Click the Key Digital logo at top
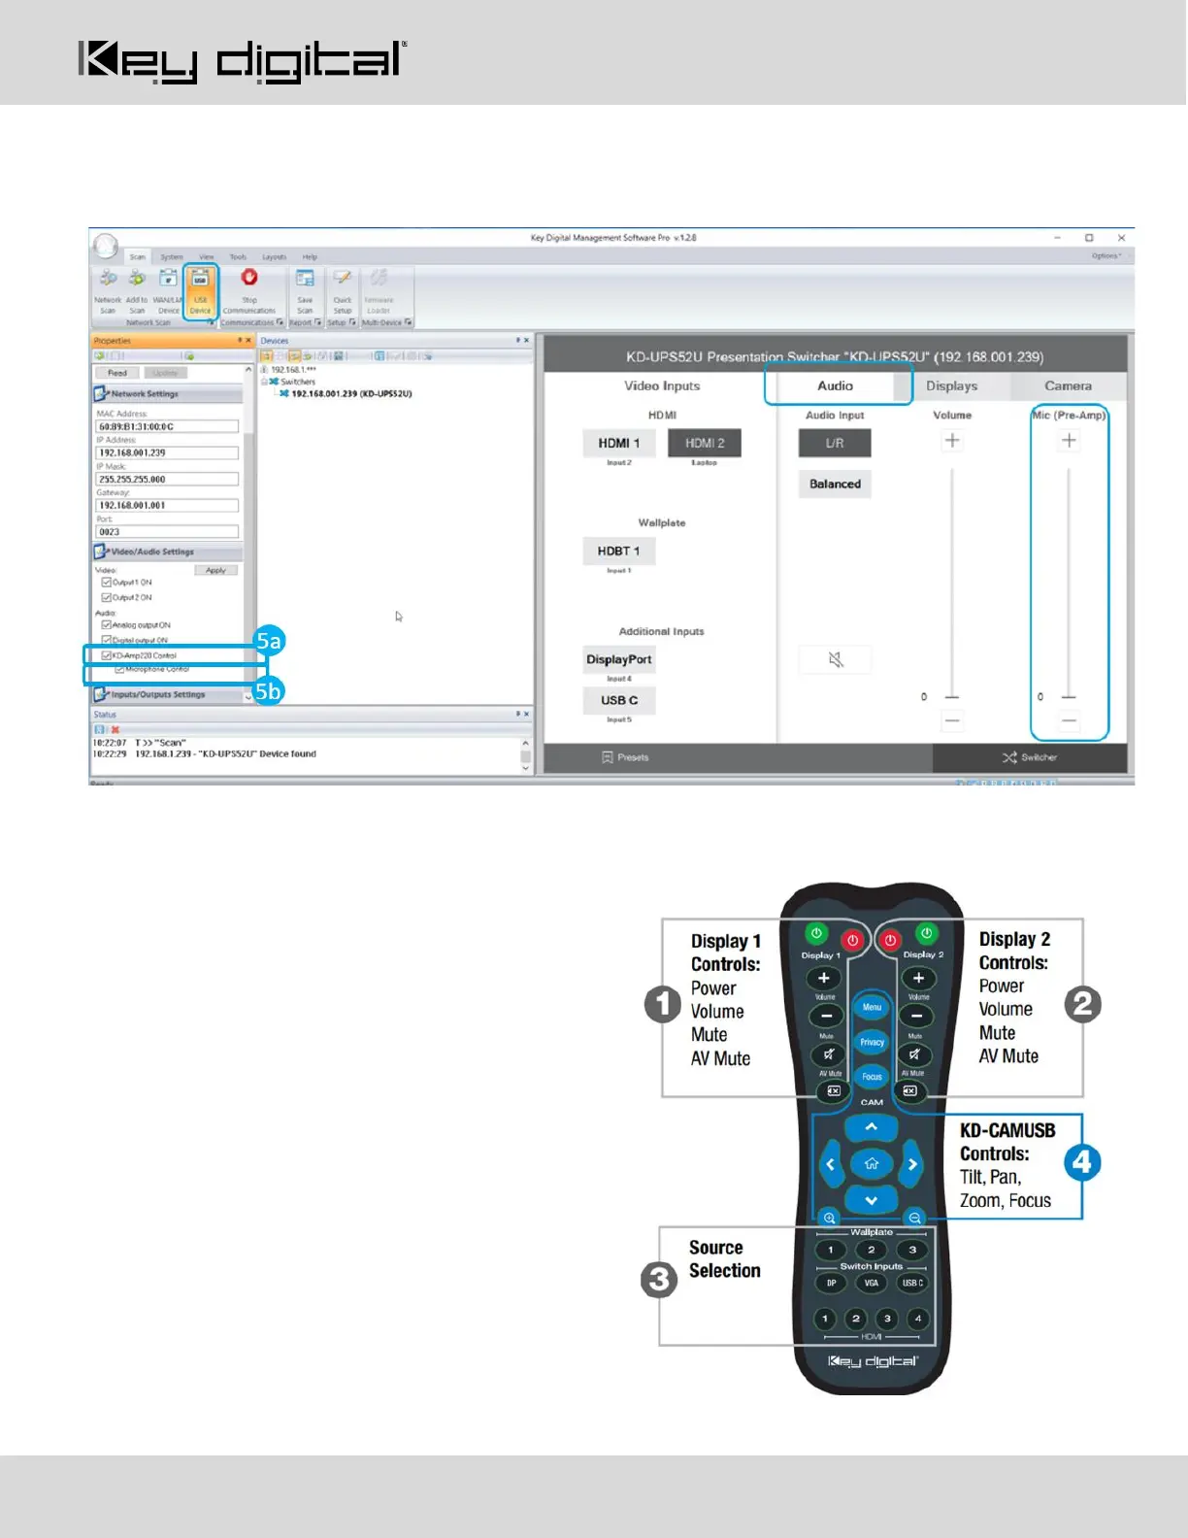tap(242, 61)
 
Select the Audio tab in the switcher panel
tap(835, 385)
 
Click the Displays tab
tap(951, 385)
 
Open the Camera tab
tap(1068, 385)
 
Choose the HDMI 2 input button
tap(705, 443)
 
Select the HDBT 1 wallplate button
tap(618, 551)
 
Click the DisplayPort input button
tap(618, 659)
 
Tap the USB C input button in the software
tap(618, 700)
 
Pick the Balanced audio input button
tap(835, 484)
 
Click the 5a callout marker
tap(269, 641)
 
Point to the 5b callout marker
tap(269, 690)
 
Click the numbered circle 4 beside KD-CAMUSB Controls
tap(1082, 1162)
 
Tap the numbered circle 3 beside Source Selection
tap(659, 1279)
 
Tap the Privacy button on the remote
tap(872, 1042)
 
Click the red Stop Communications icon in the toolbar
tap(249, 278)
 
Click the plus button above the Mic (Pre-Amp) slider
tap(1069, 440)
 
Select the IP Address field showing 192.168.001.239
tap(167, 452)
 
